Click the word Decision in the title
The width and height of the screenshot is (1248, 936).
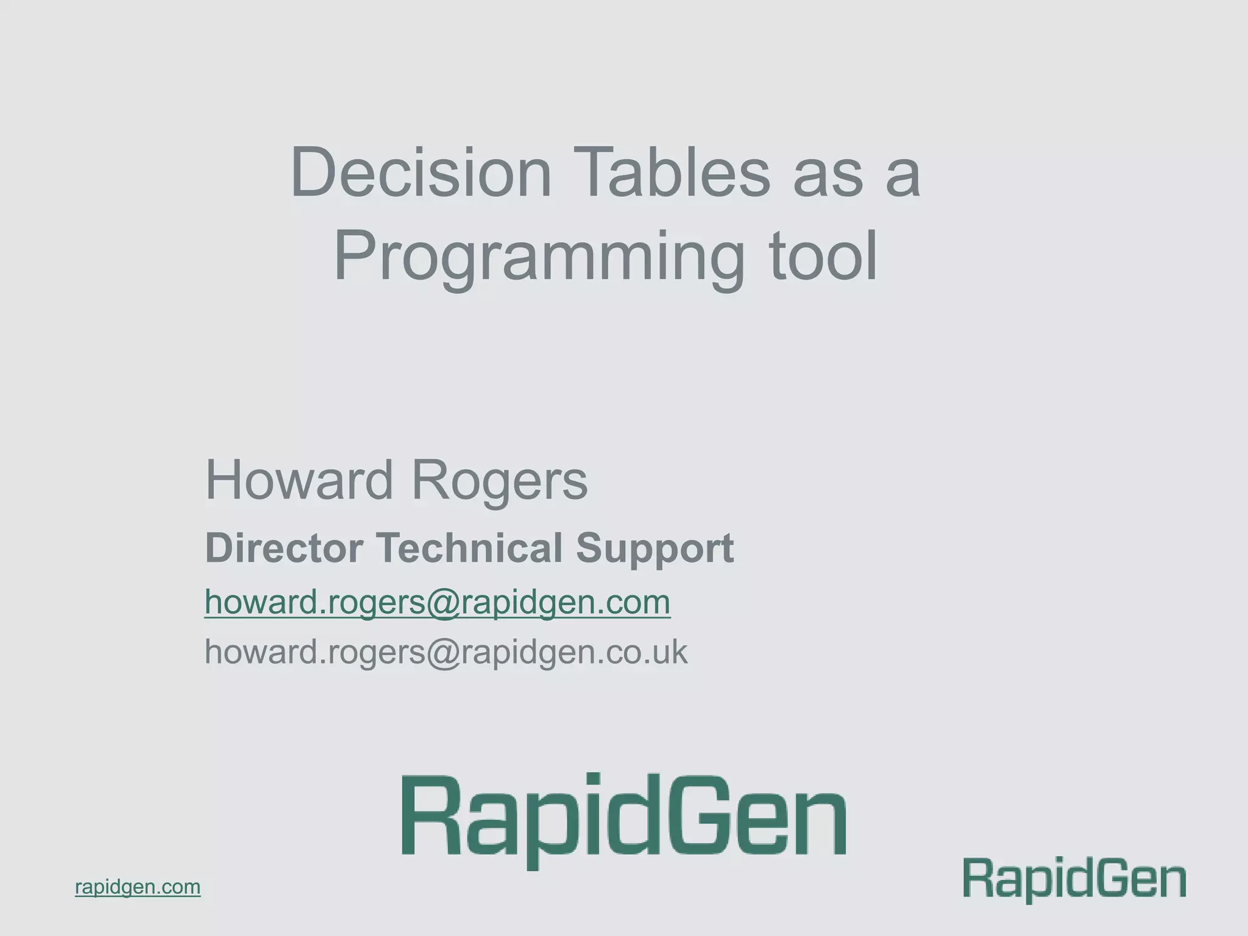421,173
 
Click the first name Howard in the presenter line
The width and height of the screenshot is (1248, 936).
299,480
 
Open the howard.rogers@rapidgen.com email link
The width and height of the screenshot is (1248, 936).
437,602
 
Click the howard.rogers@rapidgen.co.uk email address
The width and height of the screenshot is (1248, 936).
445,651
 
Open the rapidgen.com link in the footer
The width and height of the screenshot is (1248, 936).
138,887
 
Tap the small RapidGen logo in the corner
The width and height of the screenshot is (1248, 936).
1074,879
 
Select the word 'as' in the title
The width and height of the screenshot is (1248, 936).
827,174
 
